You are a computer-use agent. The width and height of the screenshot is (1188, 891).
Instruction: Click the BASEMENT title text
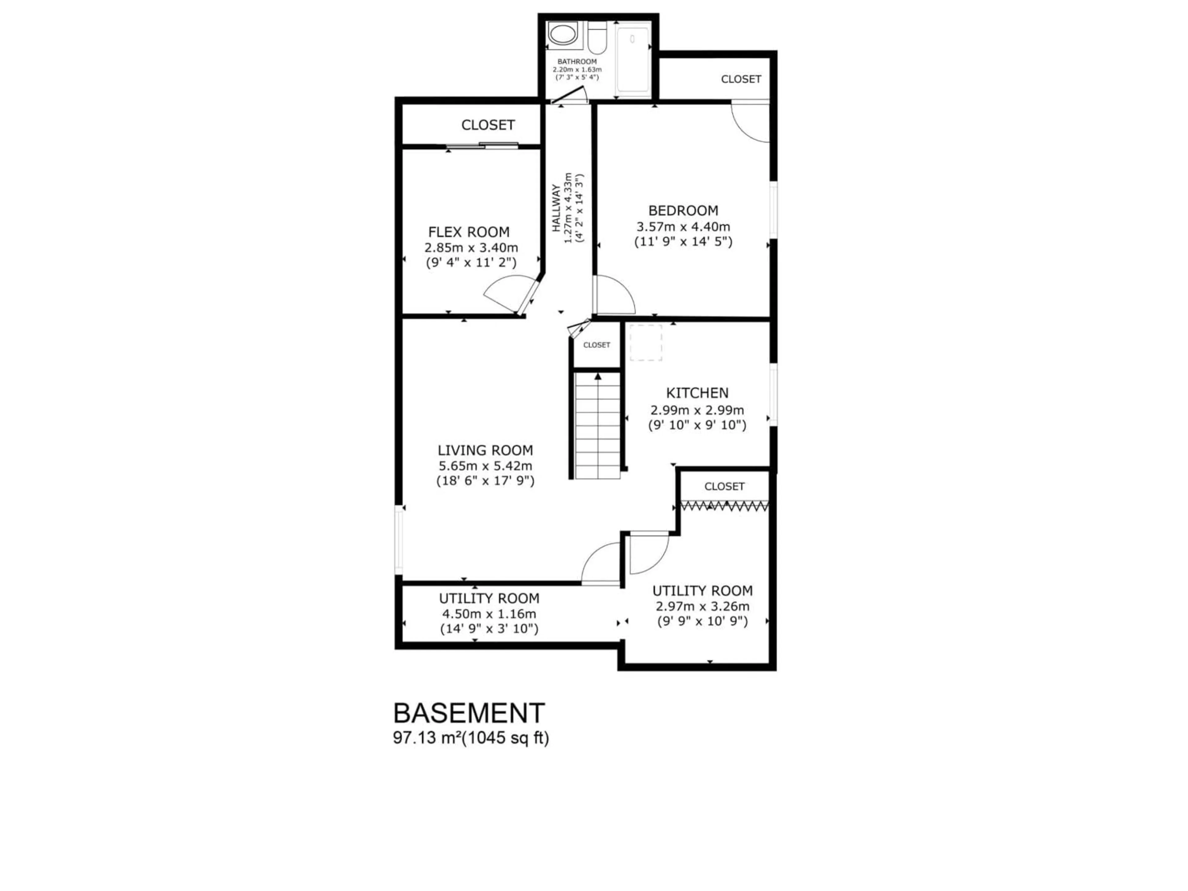[469, 713]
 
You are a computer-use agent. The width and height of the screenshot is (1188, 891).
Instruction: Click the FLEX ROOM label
[469, 232]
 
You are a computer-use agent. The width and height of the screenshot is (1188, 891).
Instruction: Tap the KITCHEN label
[697, 393]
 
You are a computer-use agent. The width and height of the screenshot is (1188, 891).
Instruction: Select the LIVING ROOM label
[485, 450]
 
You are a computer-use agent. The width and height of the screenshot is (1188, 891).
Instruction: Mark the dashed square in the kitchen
[646, 343]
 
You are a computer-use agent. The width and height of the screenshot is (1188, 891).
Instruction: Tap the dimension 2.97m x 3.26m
[702, 606]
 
